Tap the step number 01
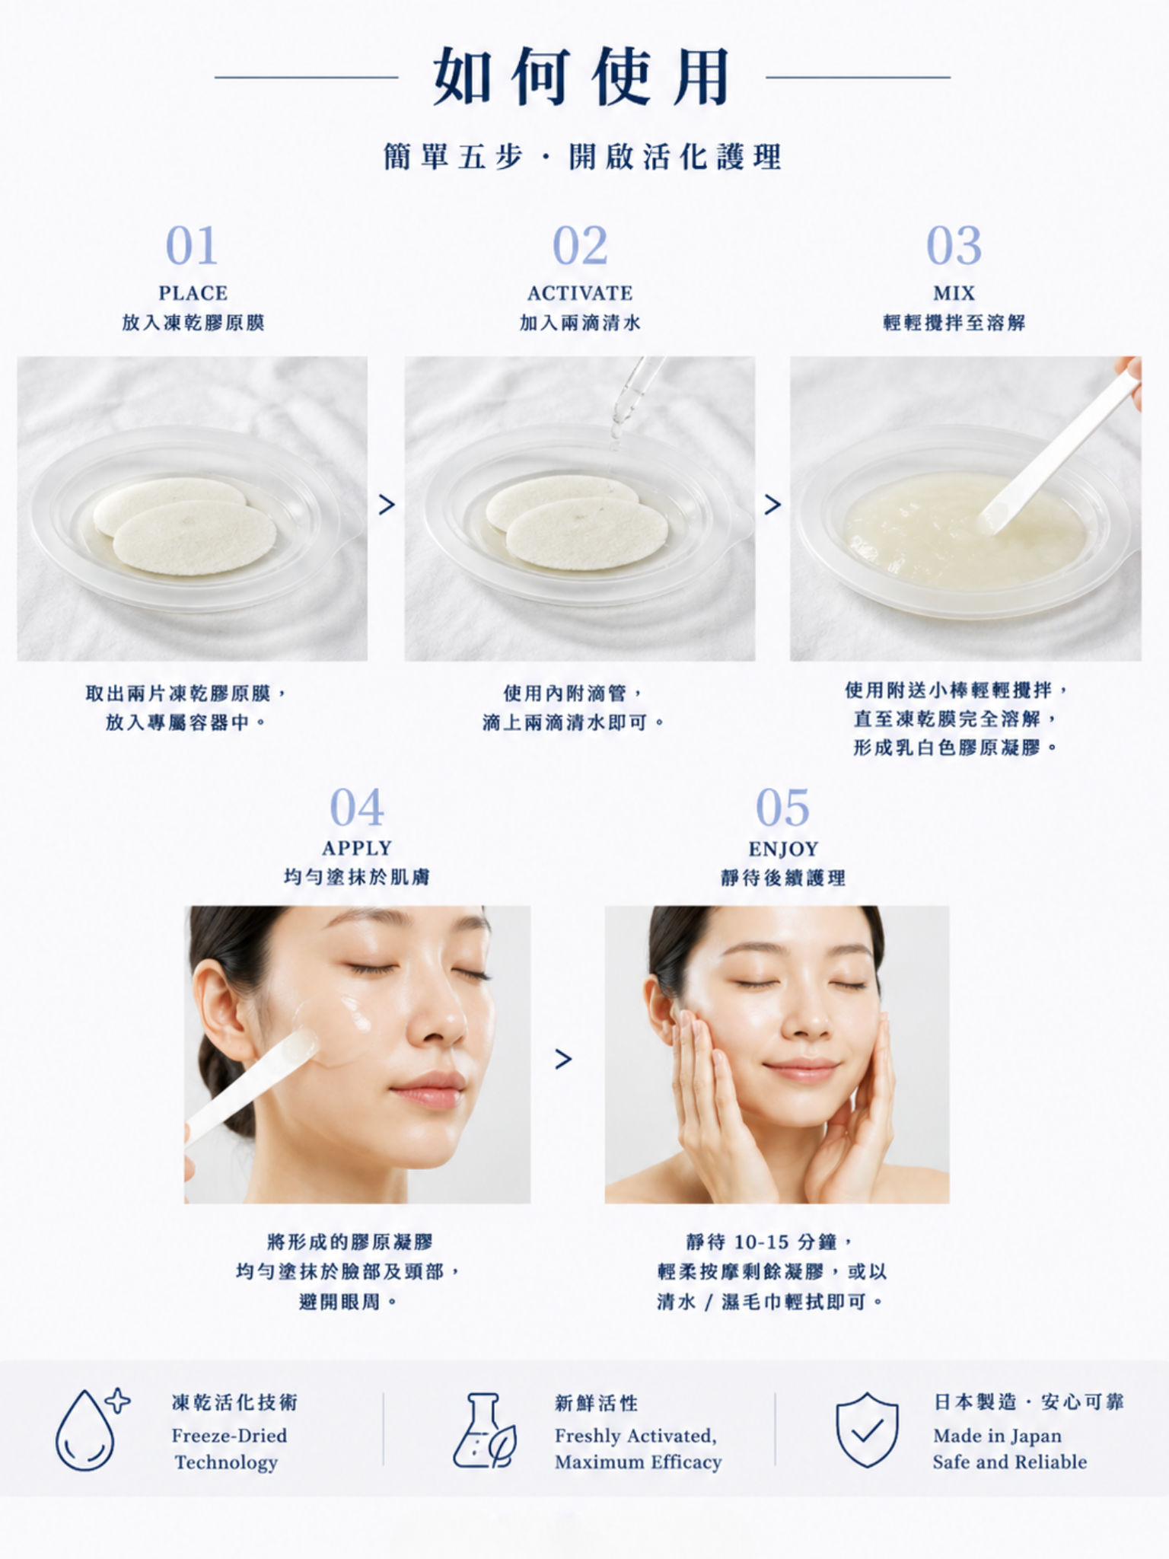(x=192, y=245)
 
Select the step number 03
(x=954, y=245)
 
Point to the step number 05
(x=782, y=807)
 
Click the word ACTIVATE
(x=580, y=293)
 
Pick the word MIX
(x=954, y=293)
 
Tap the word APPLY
(x=357, y=848)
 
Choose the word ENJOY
(x=783, y=849)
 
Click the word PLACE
(x=193, y=293)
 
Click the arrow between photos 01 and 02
(x=387, y=504)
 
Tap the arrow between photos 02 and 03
(x=772, y=504)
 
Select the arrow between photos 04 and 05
(x=563, y=1059)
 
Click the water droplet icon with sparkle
(x=90, y=1429)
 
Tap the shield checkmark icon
(x=867, y=1430)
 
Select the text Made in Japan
(x=997, y=1436)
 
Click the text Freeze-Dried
(x=229, y=1436)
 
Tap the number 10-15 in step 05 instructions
(x=761, y=1242)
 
